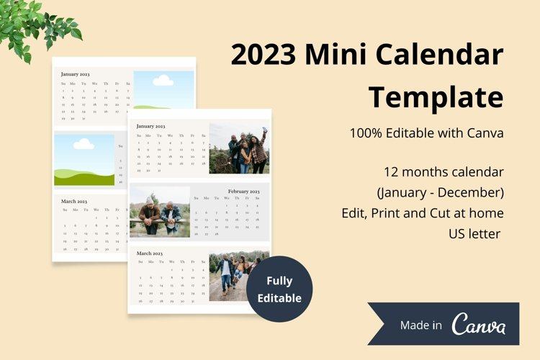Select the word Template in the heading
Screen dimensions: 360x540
[436, 96]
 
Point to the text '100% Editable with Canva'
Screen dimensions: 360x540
[426, 133]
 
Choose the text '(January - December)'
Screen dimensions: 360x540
[440, 193]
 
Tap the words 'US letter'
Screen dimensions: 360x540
[474, 233]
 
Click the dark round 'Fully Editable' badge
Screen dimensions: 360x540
[279, 289]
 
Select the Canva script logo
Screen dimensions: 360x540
[479, 325]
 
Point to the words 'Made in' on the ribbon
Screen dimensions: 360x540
[421, 325]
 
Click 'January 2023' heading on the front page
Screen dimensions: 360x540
[151, 126]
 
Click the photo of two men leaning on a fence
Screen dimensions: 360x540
[160, 212]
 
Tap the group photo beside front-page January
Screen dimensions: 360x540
[238, 148]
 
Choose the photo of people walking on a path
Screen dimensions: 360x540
[238, 276]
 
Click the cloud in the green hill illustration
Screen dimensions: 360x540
[84, 145]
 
